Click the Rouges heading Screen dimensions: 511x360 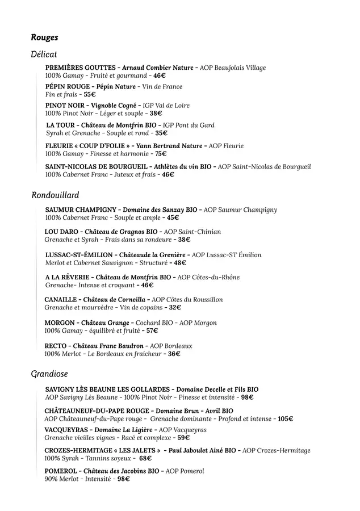click(44, 37)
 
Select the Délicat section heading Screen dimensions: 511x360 click(44, 54)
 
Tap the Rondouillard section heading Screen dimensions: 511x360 click(55, 195)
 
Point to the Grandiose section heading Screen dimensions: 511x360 click(49, 374)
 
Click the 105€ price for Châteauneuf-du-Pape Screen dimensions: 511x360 click(285, 419)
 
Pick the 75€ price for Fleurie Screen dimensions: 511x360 click(160, 154)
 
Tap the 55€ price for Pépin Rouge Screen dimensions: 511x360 click(90, 95)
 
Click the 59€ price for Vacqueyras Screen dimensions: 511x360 click(183, 438)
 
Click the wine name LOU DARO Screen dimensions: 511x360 click(60, 232)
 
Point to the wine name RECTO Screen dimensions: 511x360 click(56, 346)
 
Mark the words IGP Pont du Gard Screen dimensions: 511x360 click(189, 125)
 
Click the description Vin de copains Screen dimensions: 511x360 click(141, 308)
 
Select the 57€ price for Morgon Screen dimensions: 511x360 click(152, 330)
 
